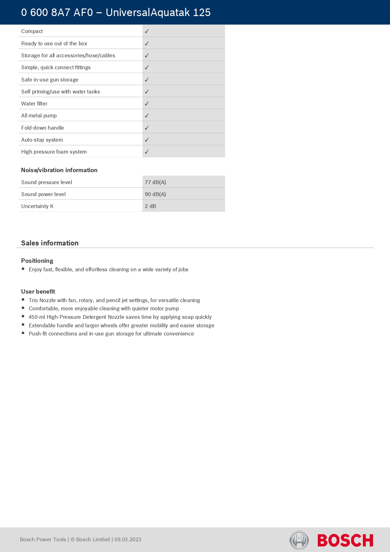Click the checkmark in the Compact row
click(x=147, y=31)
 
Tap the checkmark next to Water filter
click(x=147, y=104)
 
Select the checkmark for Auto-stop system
click(x=147, y=140)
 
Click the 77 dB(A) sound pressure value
click(x=155, y=182)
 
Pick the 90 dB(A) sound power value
click(x=155, y=194)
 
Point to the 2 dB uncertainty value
click(x=150, y=206)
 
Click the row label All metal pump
click(x=39, y=115)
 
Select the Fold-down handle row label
click(x=42, y=128)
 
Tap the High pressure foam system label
click(x=54, y=152)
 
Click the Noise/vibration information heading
click(x=59, y=170)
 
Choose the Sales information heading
click(x=50, y=243)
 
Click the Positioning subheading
click(x=37, y=261)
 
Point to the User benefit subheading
click(x=38, y=291)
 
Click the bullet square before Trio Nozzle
click(x=23, y=300)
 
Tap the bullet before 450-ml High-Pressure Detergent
click(x=23, y=316)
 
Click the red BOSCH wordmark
click(x=345, y=540)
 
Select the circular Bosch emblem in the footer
click(x=299, y=540)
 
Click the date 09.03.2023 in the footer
click(x=128, y=539)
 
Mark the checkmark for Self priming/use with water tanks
click(x=147, y=92)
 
